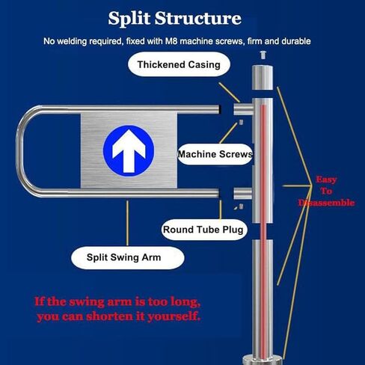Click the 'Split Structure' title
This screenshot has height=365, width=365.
coord(174,18)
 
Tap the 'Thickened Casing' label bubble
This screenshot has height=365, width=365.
coord(179,64)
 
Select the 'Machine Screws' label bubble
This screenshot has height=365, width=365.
coord(215,155)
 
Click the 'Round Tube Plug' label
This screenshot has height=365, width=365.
coord(204,230)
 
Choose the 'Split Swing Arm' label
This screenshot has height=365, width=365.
coord(127,258)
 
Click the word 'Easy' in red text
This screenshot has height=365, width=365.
coord(326,180)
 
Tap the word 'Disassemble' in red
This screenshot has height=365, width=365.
coord(325,203)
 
